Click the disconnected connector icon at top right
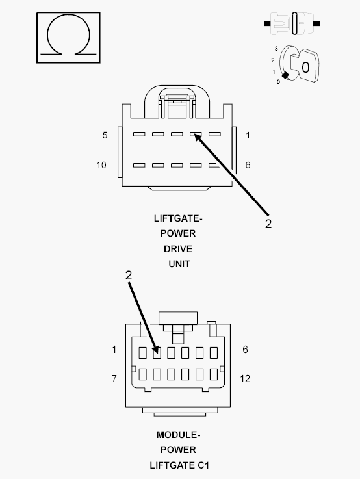pos(292,23)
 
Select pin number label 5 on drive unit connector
pos(105,135)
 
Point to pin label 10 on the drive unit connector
pos(101,165)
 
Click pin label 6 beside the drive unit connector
pos(248,165)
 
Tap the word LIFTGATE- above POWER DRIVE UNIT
pos(178,219)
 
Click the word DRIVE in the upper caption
pos(178,249)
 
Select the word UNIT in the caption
pos(179,264)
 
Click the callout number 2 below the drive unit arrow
pos(268,224)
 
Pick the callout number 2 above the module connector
pos(129,275)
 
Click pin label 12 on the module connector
pos(245,379)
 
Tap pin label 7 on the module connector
pos(114,379)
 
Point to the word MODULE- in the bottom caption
pos(178,435)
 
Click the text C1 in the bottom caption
pos(203,465)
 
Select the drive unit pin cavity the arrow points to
pos(196,134)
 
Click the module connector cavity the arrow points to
pos(157,353)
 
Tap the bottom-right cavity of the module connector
pos(214,374)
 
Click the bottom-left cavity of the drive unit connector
pos(139,165)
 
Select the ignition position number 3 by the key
pos(276,49)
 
